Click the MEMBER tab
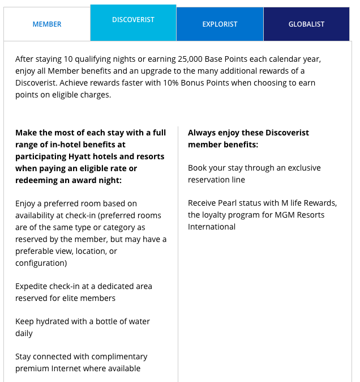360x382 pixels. [47, 24]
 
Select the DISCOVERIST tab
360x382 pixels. [133, 20]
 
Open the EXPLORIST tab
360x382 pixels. [220, 24]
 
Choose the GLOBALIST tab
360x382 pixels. [306, 24]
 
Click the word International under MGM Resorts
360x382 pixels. [212, 227]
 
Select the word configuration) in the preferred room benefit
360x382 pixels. [41, 263]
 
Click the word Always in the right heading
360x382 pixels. [201, 133]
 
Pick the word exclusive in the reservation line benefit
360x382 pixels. [301, 168]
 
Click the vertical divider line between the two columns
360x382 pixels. [178, 255]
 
